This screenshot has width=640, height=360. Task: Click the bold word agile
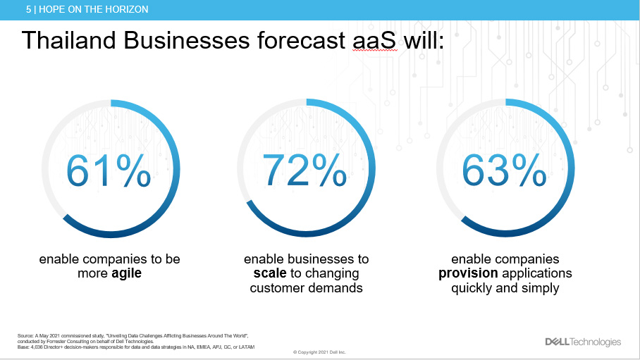point(126,273)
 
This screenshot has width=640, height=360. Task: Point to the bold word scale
point(270,273)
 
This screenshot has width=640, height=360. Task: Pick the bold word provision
point(468,273)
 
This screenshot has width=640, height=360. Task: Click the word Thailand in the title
point(69,40)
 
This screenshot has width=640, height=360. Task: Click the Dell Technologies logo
point(583,342)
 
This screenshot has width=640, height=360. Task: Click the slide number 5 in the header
point(28,9)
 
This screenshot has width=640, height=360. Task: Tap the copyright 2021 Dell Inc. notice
point(319,352)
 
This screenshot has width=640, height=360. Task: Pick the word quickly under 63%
point(472,287)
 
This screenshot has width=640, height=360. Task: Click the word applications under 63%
point(536,273)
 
